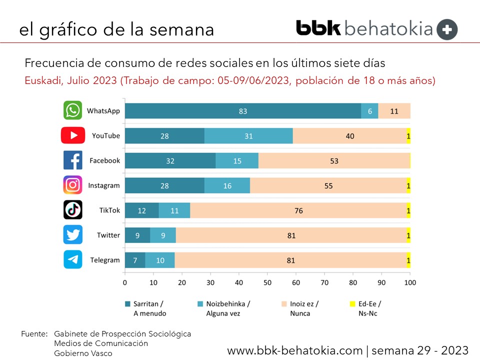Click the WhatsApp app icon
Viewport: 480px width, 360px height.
73,110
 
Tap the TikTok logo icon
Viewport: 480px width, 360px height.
73,210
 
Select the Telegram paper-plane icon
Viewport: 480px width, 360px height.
73,260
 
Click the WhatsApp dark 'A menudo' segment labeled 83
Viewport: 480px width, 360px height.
243,111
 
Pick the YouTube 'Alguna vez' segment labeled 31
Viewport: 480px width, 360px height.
248,136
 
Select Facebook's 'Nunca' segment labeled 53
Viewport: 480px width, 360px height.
334,160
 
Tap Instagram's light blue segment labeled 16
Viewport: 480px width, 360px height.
227,185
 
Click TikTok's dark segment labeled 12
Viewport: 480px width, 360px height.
141,210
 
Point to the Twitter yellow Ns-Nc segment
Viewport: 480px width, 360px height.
408,235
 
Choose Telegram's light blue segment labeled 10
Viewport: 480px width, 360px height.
160,260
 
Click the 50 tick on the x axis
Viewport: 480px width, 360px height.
267,282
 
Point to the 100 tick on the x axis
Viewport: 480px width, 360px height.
410,282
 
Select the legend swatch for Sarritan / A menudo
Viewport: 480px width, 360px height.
128,303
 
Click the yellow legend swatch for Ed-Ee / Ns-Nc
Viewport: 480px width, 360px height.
352,303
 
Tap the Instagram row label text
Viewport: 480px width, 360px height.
104,185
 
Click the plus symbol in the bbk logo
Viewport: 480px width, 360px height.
447,29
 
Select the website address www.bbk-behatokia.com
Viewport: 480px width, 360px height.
295,349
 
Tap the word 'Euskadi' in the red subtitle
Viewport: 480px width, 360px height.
42,80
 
